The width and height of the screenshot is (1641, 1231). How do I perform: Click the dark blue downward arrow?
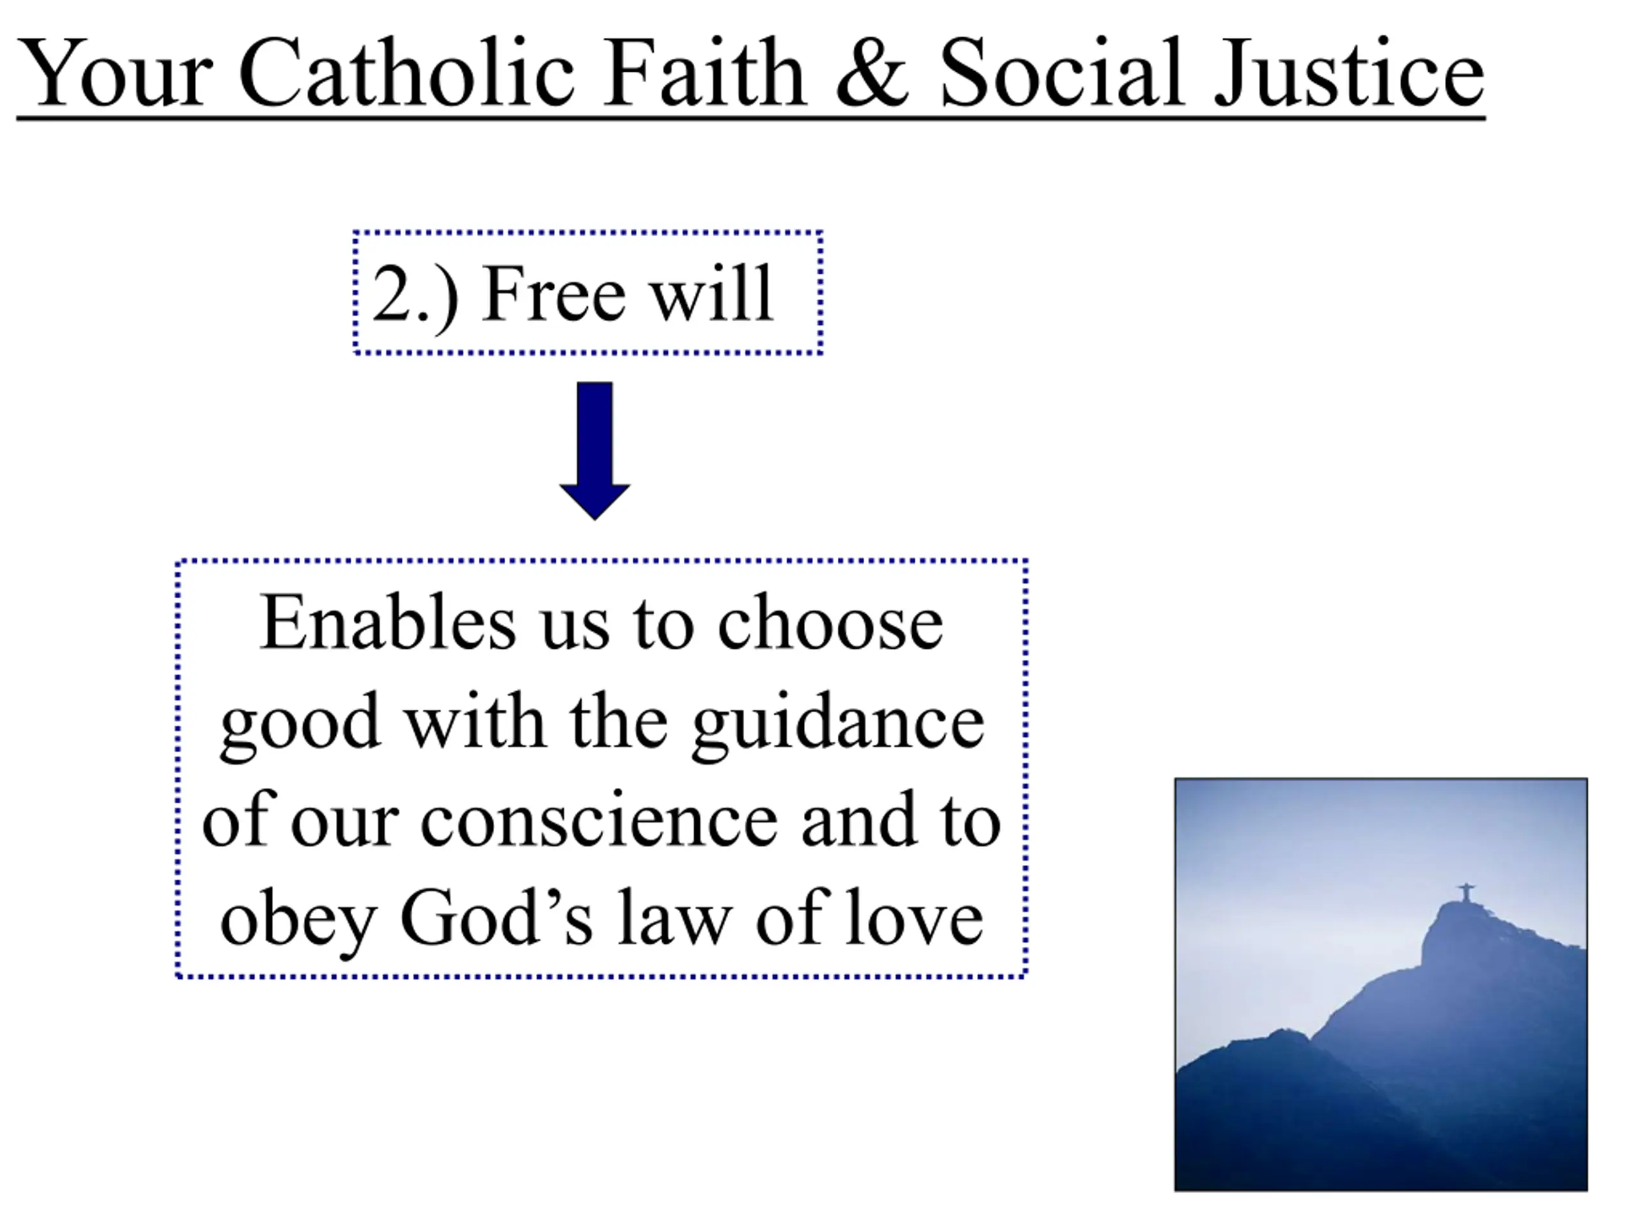595,450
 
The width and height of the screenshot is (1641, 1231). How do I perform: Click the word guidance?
838,725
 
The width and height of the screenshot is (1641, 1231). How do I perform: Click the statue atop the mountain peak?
1466,892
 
